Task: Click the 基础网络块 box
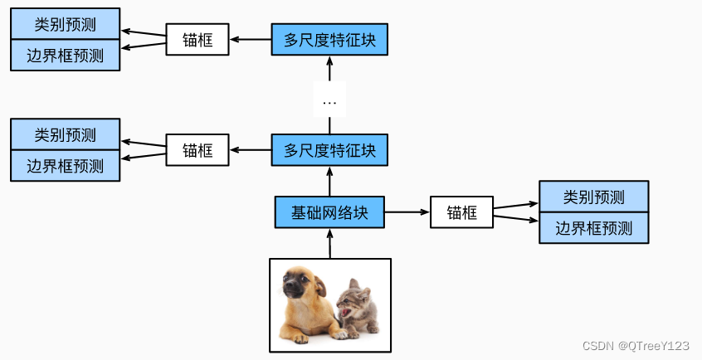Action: tap(329, 212)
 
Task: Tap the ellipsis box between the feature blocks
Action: tap(329, 102)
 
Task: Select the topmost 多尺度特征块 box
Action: tap(329, 40)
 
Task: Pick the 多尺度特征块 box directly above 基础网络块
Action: tap(329, 151)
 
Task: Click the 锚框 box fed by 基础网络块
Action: tap(461, 212)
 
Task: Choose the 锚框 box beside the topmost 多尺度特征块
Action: tap(197, 40)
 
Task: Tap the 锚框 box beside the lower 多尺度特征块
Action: tap(197, 151)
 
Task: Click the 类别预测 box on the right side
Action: tap(593, 197)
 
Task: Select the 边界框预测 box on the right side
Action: tap(593, 227)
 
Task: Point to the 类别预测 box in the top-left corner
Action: tap(65, 25)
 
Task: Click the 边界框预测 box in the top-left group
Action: tap(65, 56)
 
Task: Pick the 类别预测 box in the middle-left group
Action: tap(65, 134)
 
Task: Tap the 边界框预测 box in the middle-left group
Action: tap(65, 165)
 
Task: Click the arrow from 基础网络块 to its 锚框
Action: tap(407, 212)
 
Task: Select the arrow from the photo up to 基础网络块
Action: tap(329, 243)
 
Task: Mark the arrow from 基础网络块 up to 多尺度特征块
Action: tap(329, 181)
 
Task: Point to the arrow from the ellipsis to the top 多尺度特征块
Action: tap(329, 70)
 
